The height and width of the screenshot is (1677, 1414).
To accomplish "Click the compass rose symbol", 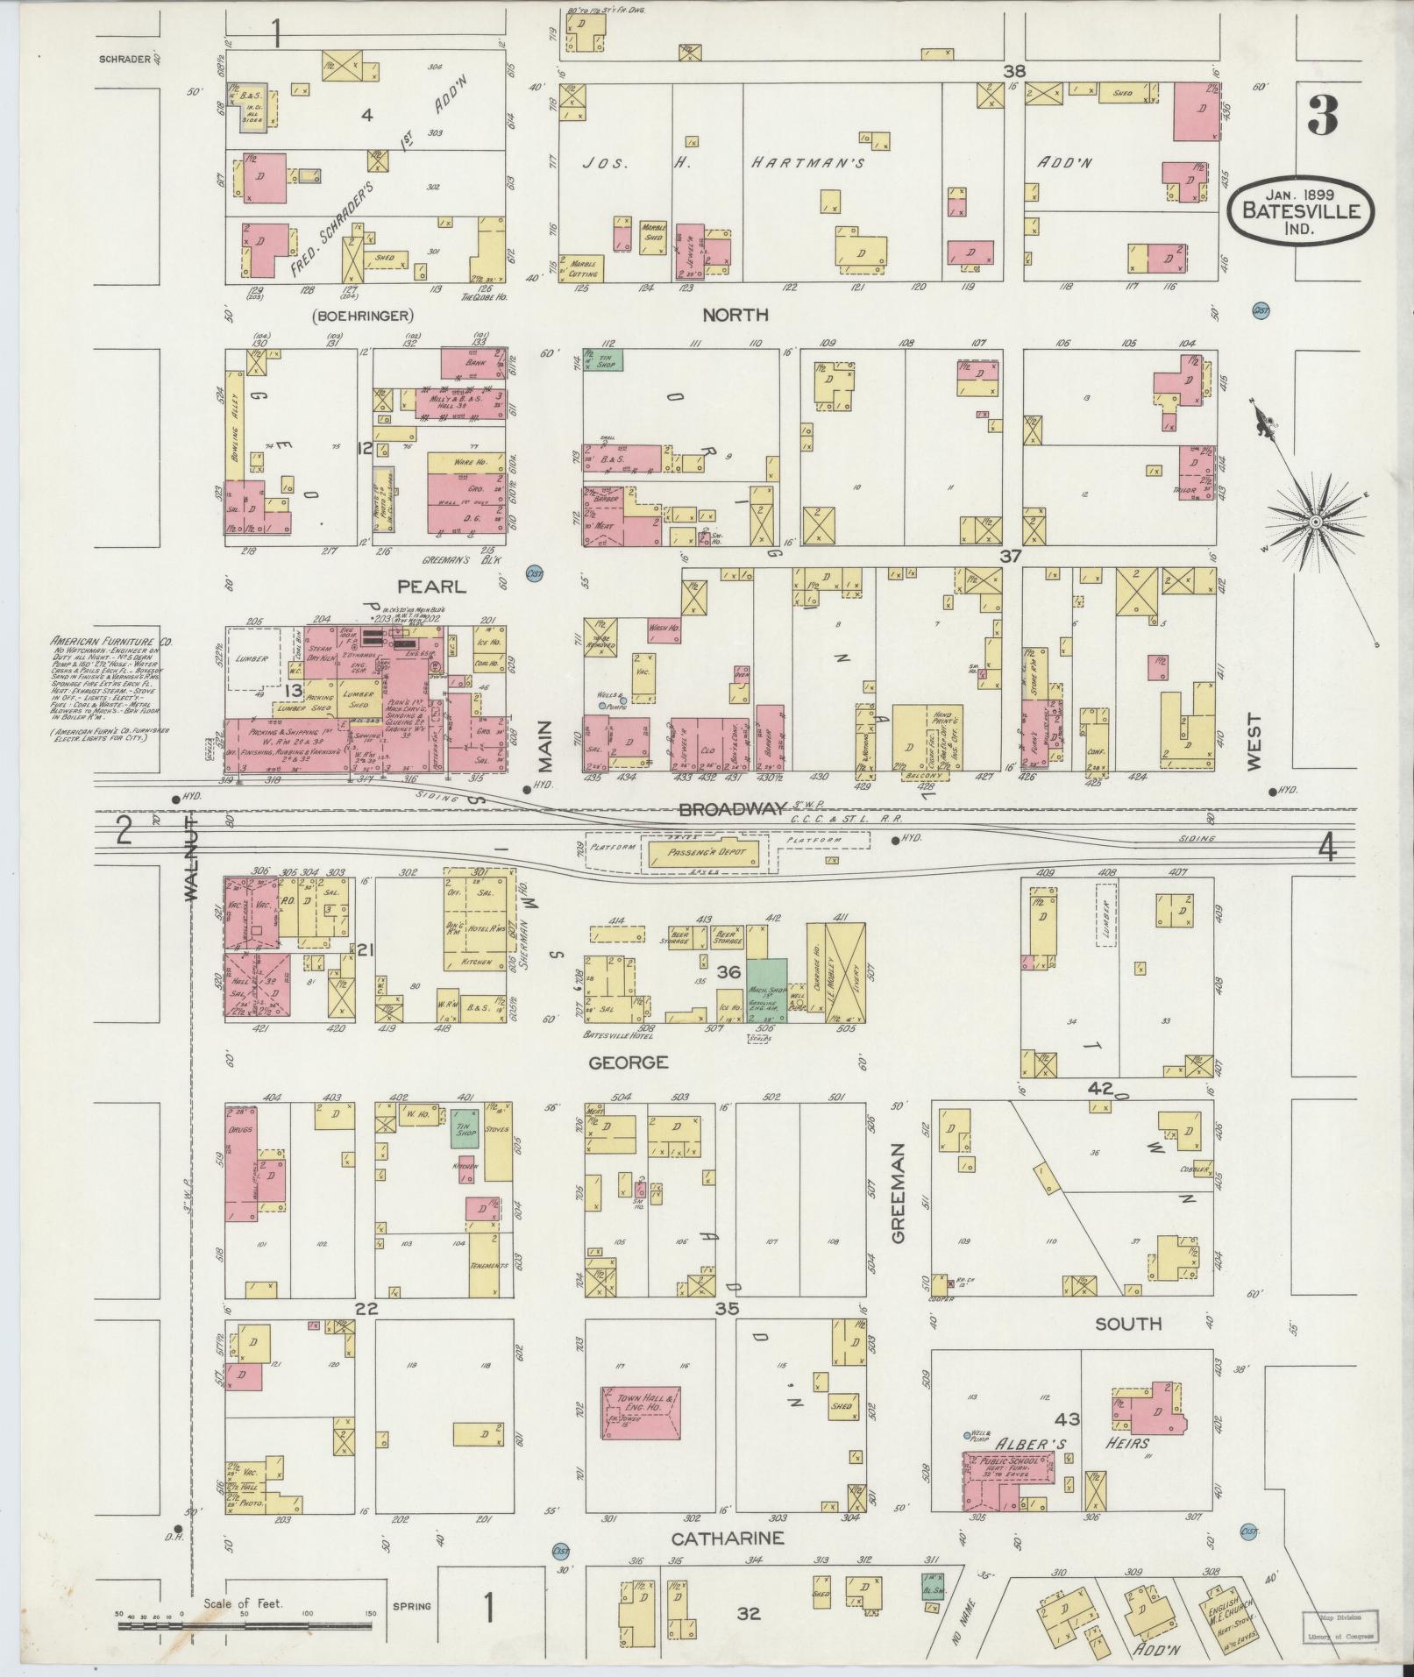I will tap(1315, 522).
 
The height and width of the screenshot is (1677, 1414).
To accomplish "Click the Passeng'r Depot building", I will tap(707, 853).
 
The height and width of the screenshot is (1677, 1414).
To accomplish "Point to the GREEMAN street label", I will tap(898, 1191).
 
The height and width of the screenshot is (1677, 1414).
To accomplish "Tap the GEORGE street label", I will tap(628, 1062).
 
